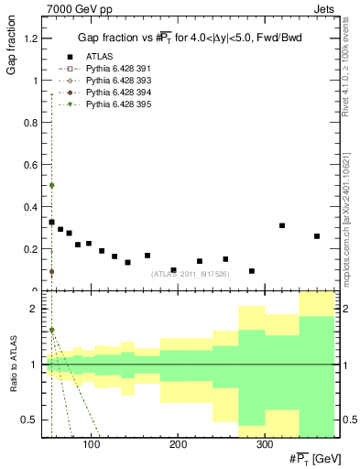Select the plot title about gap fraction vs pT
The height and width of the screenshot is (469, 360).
pyautogui.click(x=191, y=37)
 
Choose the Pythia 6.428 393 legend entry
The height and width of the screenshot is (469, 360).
pyautogui.click(x=109, y=80)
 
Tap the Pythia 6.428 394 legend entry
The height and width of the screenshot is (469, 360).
pyautogui.click(x=109, y=92)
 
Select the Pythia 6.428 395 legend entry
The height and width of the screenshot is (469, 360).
pyautogui.click(x=109, y=104)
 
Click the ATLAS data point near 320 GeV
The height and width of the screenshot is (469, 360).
pyautogui.click(x=282, y=225)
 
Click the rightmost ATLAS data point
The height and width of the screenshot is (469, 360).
pyautogui.click(x=317, y=236)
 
